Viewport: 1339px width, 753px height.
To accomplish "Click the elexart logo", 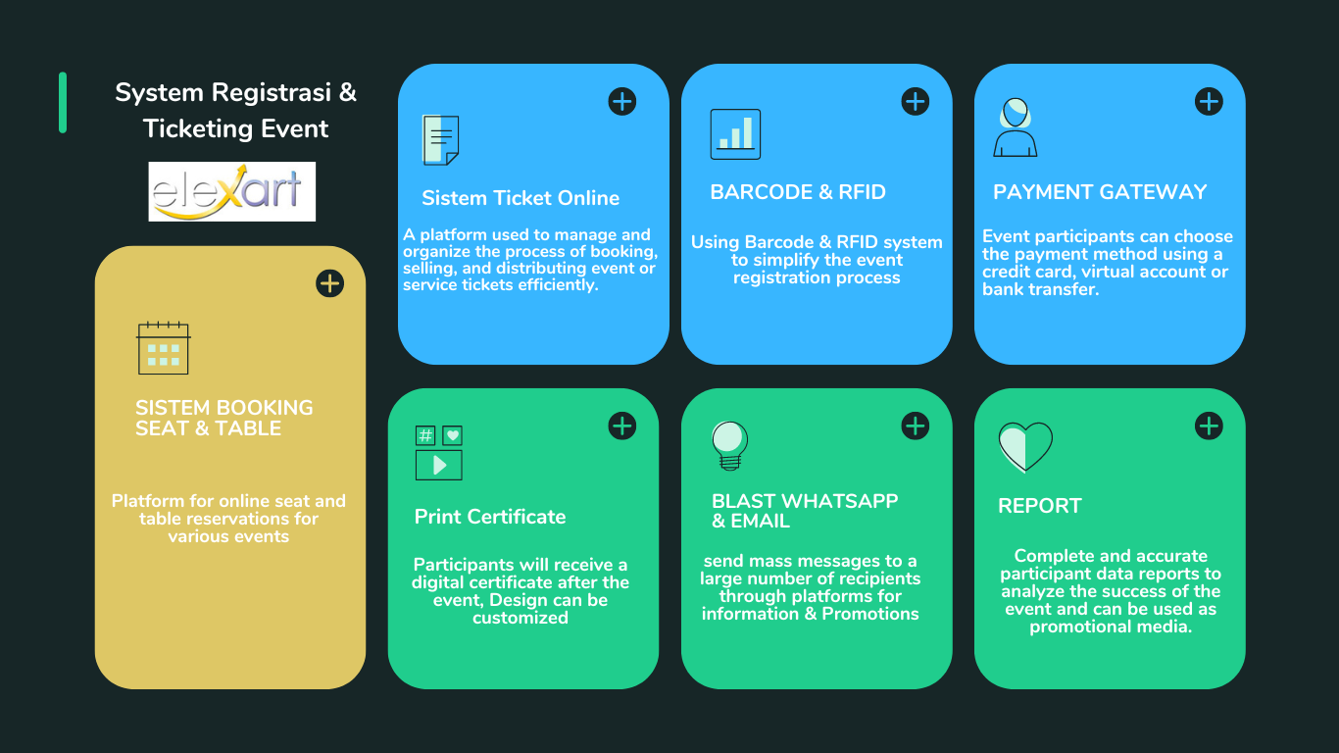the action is point(232,191).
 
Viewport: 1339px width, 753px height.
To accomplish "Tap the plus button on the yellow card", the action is point(330,283).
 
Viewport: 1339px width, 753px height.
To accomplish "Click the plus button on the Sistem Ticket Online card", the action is point(622,102).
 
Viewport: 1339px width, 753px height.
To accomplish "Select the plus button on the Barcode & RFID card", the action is point(916,102).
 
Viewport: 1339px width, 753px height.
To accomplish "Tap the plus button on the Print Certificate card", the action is point(622,426).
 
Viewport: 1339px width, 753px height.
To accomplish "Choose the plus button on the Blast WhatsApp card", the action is point(916,426).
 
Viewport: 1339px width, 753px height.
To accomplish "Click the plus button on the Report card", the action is point(1209,426).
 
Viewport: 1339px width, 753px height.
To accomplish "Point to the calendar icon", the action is point(163,347).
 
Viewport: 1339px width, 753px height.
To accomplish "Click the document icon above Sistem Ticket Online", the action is point(440,140).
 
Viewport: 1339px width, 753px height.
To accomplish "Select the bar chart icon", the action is point(735,134).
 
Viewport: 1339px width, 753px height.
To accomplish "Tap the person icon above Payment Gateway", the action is point(1015,127).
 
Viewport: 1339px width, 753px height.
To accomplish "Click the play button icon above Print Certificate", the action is point(439,466).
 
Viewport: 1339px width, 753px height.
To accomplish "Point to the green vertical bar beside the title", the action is point(63,102).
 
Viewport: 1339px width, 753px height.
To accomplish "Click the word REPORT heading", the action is point(1039,506).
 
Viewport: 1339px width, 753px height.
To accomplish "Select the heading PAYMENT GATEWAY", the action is point(1100,192).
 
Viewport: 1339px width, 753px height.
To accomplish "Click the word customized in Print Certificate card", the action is point(521,618).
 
